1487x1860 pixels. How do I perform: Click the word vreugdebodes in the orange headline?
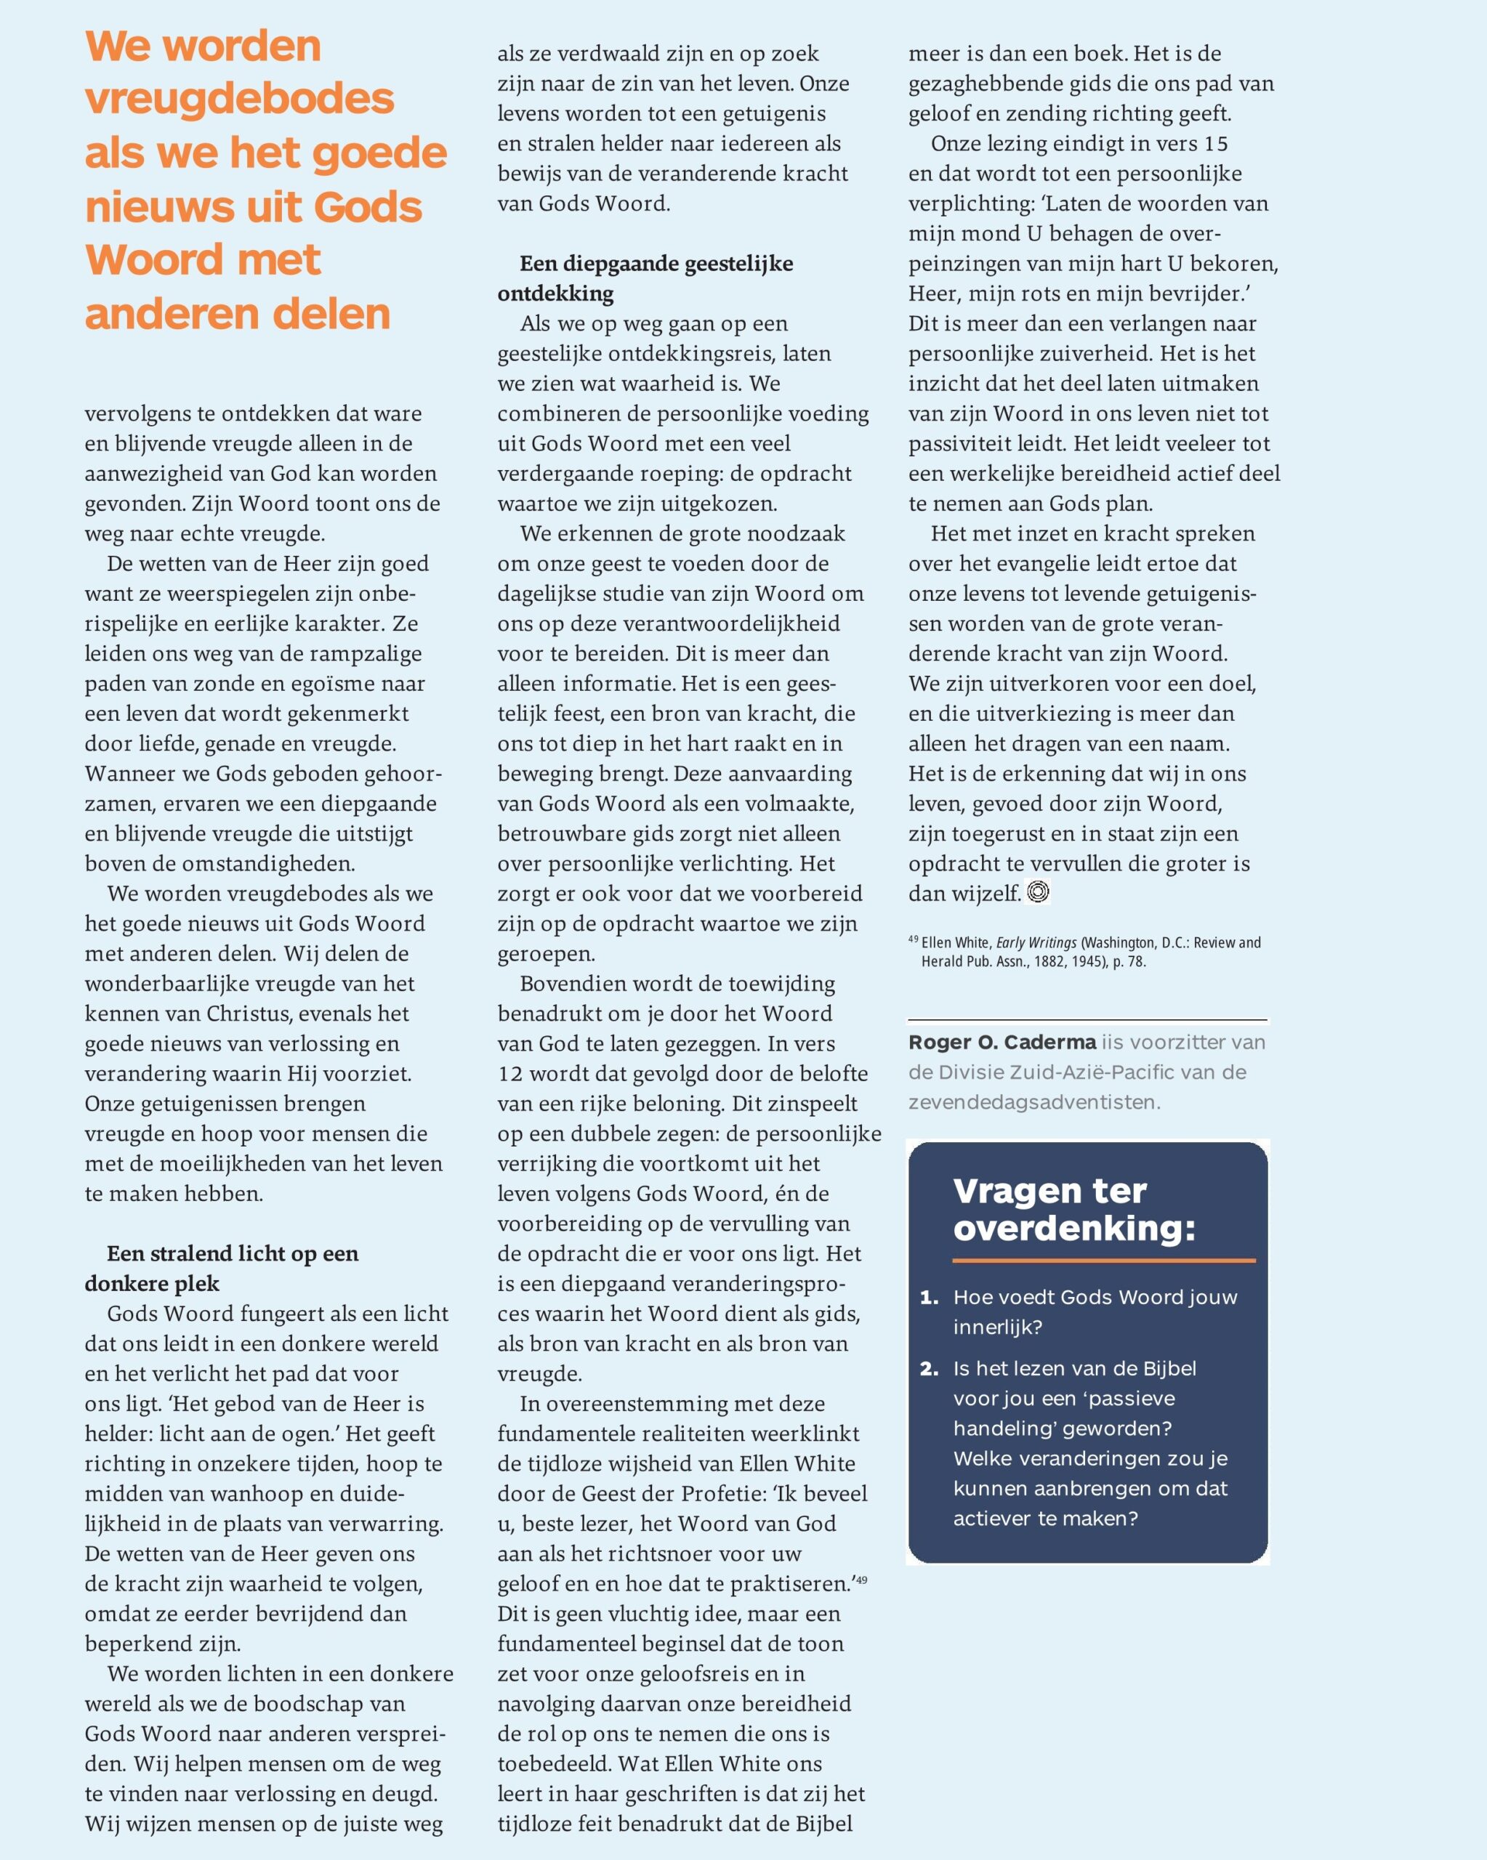[239, 100]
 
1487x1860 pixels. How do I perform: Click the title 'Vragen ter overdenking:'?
[1074, 1209]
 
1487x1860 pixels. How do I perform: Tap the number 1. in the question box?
[930, 1298]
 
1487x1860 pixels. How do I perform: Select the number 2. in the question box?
[930, 1369]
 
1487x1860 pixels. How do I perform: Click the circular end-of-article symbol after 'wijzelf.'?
[1039, 892]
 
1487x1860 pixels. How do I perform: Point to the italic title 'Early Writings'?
[1036, 942]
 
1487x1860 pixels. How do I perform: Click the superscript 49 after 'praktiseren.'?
[861, 1580]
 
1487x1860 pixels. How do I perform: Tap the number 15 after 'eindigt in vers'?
[1216, 143]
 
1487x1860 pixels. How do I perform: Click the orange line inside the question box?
[1103, 1261]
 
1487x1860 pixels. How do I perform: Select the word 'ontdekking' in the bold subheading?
[555, 294]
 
